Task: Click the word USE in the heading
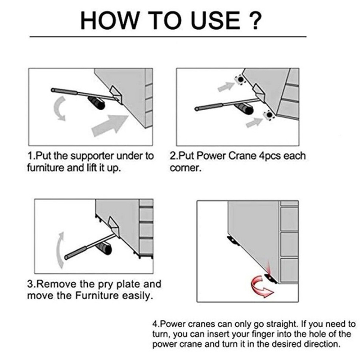tap(216, 20)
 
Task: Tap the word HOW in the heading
tap(110, 20)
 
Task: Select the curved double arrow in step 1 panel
tap(59, 108)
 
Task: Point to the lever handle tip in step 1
tap(53, 90)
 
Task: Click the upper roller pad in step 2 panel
tap(240, 80)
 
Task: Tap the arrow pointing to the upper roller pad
tap(226, 87)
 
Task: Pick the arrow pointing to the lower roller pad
tap(254, 122)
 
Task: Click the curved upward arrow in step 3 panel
tap(60, 250)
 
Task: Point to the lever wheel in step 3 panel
tap(104, 249)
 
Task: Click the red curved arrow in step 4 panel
tap(261, 287)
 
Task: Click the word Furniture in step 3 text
tap(97, 296)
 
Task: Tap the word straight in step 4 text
tap(283, 324)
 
